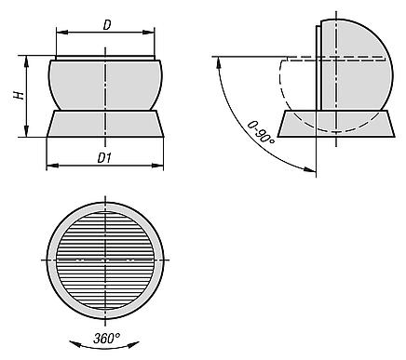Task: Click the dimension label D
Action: coord(107,25)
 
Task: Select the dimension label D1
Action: coord(104,158)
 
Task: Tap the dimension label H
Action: coord(19,96)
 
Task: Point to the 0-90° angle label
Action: coord(261,132)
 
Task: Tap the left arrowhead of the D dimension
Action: coord(62,33)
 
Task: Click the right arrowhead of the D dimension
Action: coord(148,33)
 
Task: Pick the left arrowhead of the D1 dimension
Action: coord(52,166)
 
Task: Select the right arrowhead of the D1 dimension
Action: coord(157,166)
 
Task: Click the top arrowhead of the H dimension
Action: coord(27,61)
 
